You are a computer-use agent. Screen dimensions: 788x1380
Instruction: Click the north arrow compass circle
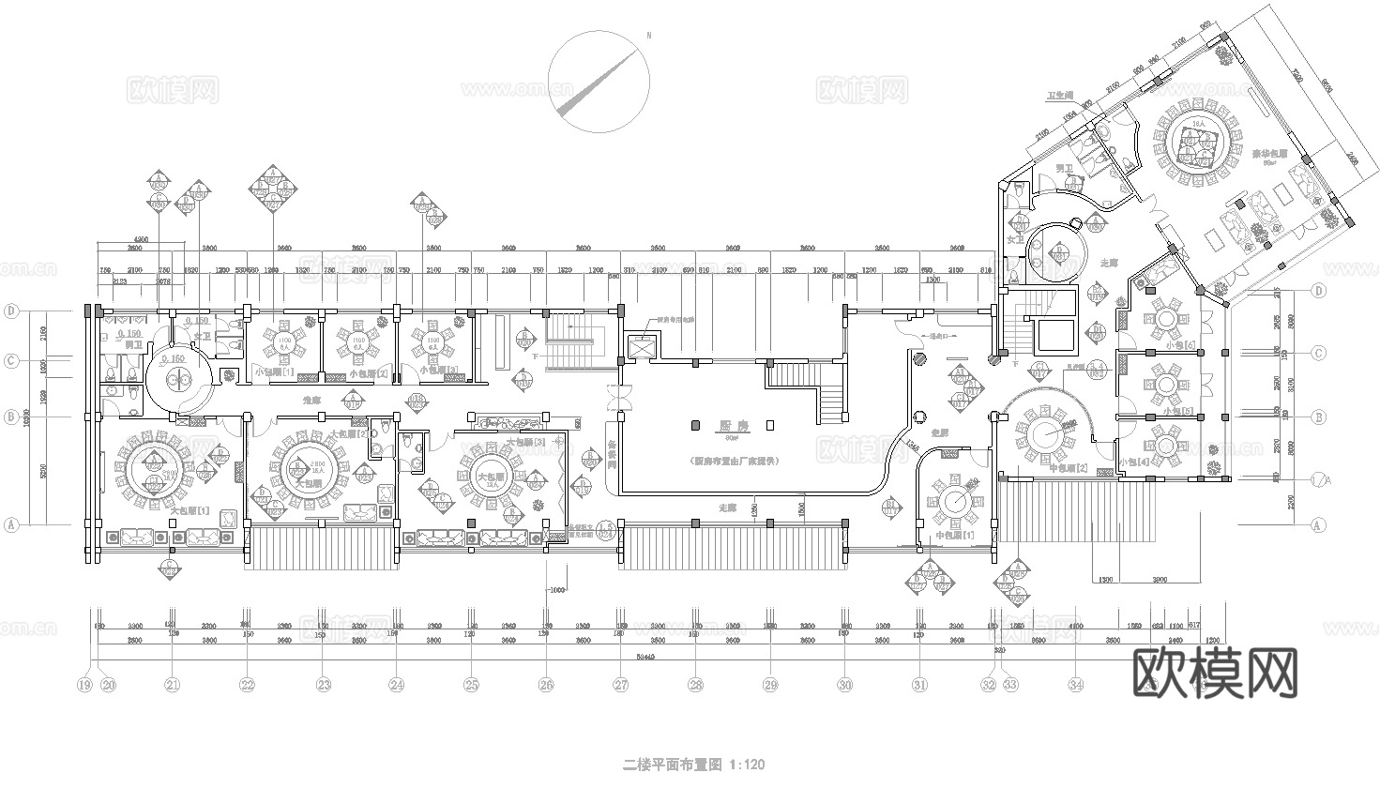point(599,83)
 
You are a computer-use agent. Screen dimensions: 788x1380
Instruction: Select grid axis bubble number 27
point(620,685)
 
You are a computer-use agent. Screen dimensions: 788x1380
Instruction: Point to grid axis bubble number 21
point(172,685)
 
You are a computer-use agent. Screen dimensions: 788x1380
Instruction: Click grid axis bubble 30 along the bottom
point(844,685)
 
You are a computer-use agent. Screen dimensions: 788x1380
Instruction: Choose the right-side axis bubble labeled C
point(1318,354)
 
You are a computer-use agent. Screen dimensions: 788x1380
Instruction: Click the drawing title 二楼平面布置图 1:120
point(694,765)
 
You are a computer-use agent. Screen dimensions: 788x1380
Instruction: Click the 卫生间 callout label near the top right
point(1060,96)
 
